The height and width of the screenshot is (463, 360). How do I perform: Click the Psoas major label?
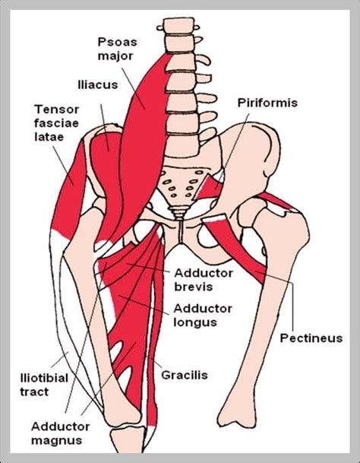(x=118, y=49)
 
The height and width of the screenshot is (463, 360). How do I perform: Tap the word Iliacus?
(x=98, y=84)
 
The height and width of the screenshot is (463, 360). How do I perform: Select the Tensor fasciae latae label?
(x=56, y=123)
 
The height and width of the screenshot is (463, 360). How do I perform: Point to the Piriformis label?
(x=267, y=103)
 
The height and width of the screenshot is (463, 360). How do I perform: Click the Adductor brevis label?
(x=204, y=280)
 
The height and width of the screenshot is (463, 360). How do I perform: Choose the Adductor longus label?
(x=203, y=315)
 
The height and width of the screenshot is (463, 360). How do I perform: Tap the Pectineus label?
(x=311, y=338)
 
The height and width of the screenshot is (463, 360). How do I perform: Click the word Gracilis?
(x=185, y=375)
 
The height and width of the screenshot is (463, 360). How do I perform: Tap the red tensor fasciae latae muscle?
(x=68, y=189)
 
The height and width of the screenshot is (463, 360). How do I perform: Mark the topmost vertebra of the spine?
(x=178, y=26)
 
